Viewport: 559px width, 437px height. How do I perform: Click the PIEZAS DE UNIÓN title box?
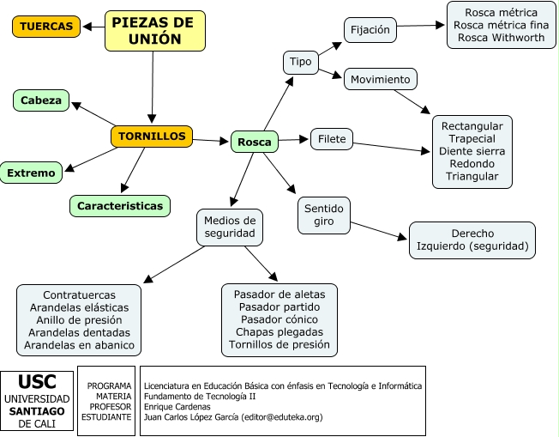pyautogui.click(x=154, y=31)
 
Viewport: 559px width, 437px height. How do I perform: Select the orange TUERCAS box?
pyautogui.click(x=46, y=27)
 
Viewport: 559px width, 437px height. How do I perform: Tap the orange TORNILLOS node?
pyautogui.click(x=152, y=136)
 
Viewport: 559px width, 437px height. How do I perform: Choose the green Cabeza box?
pyautogui.click(x=41, y=100)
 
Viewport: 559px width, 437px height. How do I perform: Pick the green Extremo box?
pyautogui.click(x=31, y=173)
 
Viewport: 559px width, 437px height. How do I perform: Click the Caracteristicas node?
pyautogui.click(x=120, y=206)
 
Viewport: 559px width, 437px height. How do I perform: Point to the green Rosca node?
pyautogui.click(x=254, y=142)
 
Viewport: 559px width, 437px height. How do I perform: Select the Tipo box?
pyautogui.click(x=300, y=62)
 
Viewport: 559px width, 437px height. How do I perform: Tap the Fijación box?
pyautogui.click(x=370, y=29)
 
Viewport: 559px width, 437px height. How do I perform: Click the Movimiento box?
pyautogui.click(x=381, y=80)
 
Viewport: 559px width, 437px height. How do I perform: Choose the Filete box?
pyautogui.click(x=332, y=138)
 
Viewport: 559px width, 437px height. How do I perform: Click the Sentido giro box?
pyautogui.click(x=323, y=215)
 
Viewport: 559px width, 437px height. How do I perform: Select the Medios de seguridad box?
pyautogui.click(x=230, y=227)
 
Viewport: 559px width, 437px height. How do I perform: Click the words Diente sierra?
pyautogui.click(x=472, y=150)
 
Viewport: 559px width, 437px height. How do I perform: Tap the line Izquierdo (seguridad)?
pyautogui.click(x=472, y=246)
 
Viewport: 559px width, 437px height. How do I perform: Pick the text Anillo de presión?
pyautogui.click(x=79, y=319)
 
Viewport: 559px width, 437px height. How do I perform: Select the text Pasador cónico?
pyautogui.click(x=279, y=319)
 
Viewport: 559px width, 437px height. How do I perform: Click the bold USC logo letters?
pyautogui.click(x=37, y=383)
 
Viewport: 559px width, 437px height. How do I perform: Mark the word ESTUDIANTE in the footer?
pyautogui.click(x=106, y=416)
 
